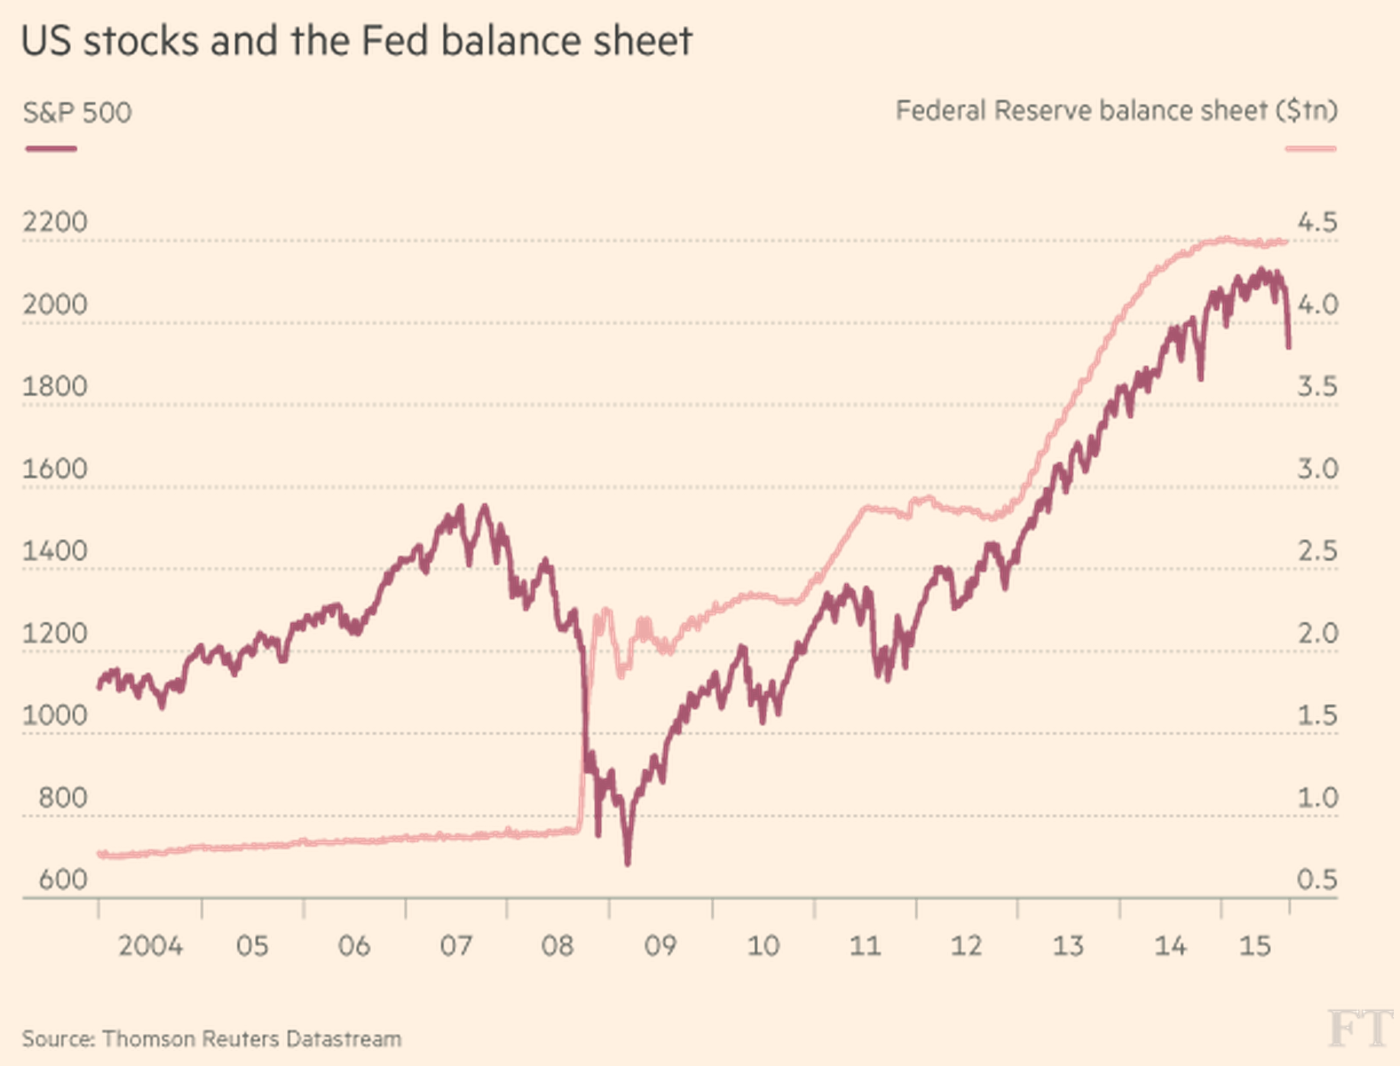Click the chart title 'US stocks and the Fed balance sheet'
[356, 41]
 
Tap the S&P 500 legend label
[77, 113]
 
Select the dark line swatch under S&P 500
[51, 149]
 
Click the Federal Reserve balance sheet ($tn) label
[1116, 111]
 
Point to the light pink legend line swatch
[1311, 149]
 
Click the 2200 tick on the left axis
[55, 222]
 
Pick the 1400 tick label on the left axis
[55, 551]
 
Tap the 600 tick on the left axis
[63, 880]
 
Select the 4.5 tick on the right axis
[1318, 222]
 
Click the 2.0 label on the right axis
[1318, 633]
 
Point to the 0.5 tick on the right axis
[1318, 880]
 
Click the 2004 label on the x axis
[150, 946]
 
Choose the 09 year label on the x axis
[660, 946]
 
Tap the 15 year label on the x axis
[1255, 946]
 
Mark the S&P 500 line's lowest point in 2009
[627, 864]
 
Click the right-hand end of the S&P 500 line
[1289, 347]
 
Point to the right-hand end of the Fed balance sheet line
[1288, 242]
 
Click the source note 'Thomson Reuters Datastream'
[251, 1039]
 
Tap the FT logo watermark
[1360, 1029]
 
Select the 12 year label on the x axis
[966, 946]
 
